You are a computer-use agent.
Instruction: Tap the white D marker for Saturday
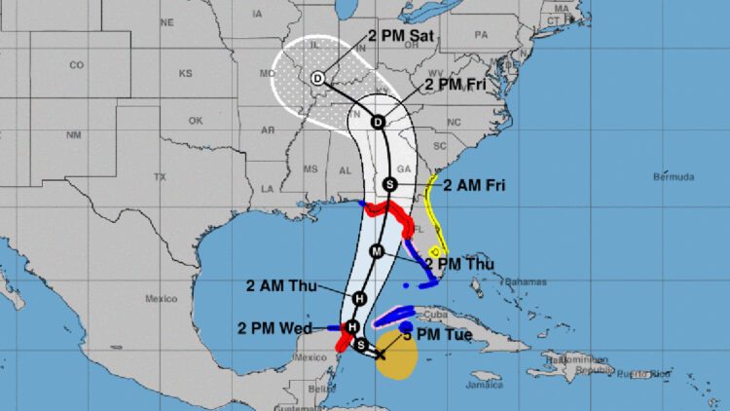click(317, 79)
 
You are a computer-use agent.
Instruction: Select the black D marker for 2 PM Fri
click(378, 122)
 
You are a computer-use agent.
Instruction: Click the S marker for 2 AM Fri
click(389, 184)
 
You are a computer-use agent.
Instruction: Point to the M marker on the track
click(376, 251)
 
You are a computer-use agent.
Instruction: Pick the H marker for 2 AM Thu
click(359, 298)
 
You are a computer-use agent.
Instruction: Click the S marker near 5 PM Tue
click(361, 345)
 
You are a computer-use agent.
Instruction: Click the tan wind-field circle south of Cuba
click(396, 355)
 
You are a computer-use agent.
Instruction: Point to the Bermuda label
click(674, 177)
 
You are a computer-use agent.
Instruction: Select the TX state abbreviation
click(160, 177)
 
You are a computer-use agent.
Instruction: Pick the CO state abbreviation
click(77, 65)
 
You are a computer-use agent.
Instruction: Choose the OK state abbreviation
click(196, 121)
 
